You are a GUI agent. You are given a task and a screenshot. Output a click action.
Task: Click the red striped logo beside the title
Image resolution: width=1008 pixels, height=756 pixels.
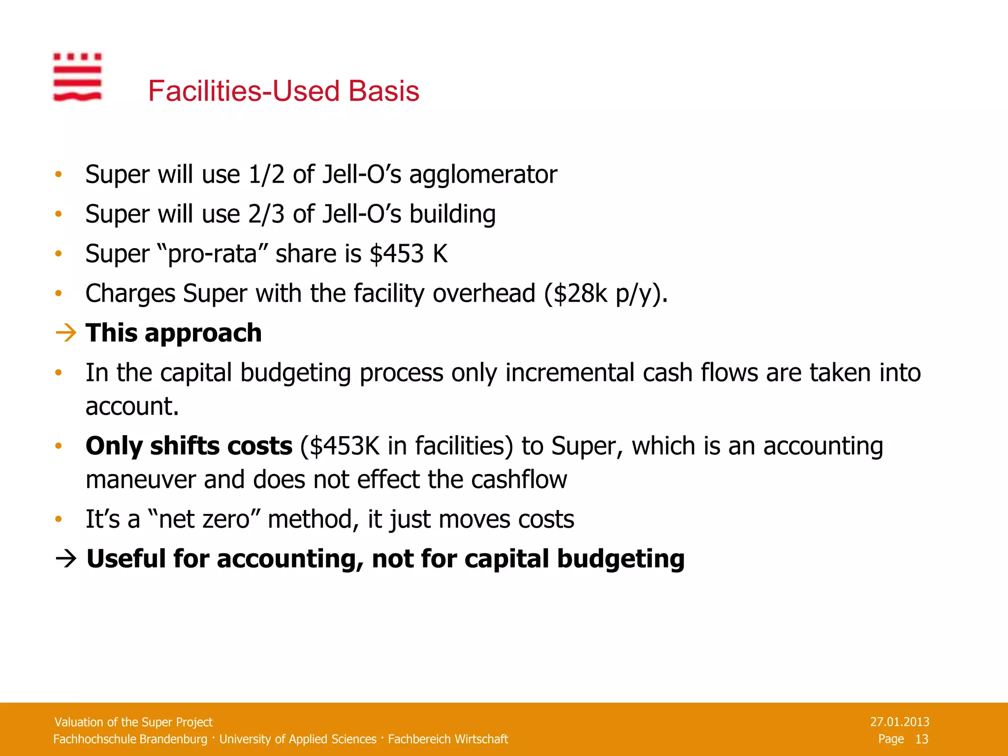77,77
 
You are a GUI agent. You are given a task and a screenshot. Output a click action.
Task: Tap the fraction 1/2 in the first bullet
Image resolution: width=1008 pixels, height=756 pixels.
266,175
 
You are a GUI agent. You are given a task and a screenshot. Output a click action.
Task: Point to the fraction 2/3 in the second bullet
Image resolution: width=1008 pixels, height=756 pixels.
266,215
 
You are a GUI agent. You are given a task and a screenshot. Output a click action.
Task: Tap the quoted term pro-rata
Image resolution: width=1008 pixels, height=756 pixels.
213,254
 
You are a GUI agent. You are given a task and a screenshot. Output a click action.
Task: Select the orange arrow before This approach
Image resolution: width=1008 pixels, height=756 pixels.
66,333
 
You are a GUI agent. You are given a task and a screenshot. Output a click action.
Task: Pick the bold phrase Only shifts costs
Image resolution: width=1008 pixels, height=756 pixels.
189,446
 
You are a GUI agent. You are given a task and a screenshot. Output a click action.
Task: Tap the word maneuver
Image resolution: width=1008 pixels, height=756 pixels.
140,480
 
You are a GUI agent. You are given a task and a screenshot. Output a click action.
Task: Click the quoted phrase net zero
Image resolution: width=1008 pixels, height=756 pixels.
204,519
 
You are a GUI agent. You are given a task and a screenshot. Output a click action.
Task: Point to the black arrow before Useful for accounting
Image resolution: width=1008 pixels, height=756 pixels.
66,559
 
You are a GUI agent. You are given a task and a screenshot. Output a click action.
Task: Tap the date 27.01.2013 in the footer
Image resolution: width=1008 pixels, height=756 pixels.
899,722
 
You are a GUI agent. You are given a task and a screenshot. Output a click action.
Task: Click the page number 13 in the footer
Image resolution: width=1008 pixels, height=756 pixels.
921,739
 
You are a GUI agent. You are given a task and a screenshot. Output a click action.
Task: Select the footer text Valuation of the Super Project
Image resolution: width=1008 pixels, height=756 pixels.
133,722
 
